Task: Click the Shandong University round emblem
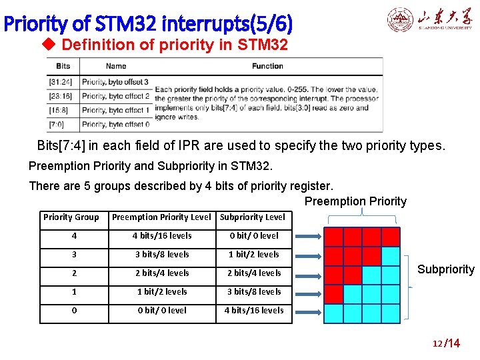click(x=401, y=20)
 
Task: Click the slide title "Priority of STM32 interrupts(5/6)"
click(x=148, y=24)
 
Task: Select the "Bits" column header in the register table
click(x=63, y=66)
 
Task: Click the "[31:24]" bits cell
click(x=63, y=82)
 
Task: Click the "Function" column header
click(x=267, y=66)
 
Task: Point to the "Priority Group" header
click(x=71, y=217)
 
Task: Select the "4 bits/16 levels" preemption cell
click(x=161, y=235)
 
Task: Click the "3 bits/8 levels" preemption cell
click(x=161, y=254)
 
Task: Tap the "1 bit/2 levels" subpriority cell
click(x=254, y=254)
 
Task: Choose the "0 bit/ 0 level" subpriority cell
click(x=254, y=235)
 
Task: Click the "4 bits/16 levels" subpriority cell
click(x=254, y=310)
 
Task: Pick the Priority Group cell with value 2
click(x=73, y=273)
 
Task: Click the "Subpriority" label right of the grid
click(x=445, y=269)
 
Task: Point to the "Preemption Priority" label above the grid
click(x=355, y=201)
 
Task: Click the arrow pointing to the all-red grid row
click(x=308, y=237)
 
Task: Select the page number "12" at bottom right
click(x=437, y=343)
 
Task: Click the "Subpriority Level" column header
click(x=252, y=217)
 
